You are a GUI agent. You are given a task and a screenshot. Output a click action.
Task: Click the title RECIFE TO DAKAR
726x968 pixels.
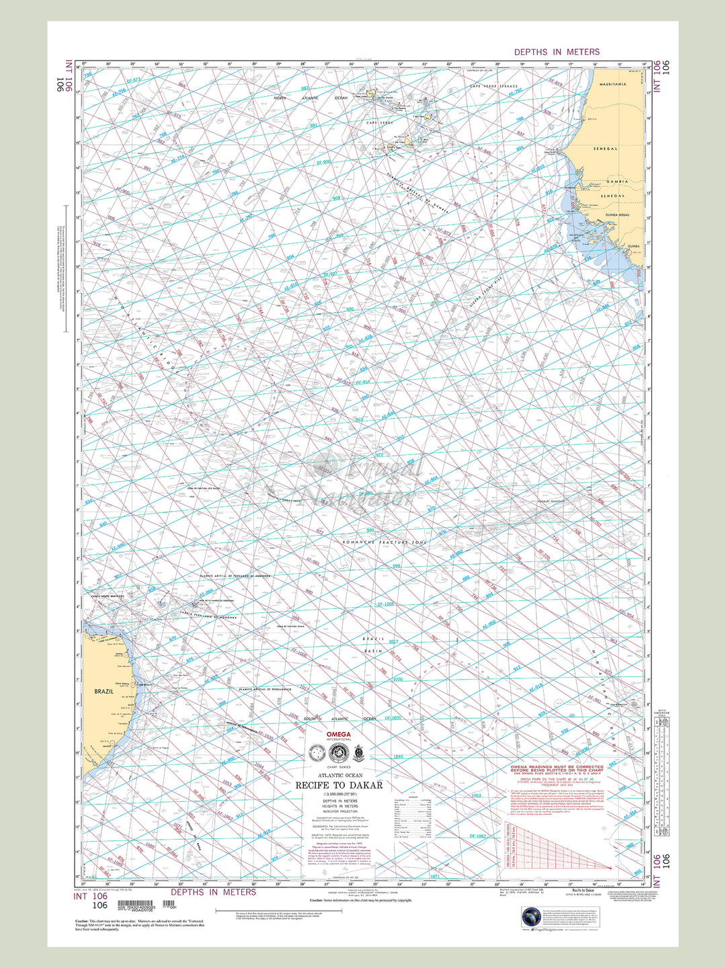coord(339,785)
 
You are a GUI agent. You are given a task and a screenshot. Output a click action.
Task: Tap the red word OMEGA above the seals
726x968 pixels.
coord(339,734)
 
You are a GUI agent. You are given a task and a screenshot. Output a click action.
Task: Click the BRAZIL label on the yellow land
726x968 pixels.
coord(104,691)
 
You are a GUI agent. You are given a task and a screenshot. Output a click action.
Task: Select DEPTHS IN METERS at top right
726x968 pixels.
coord(557,52)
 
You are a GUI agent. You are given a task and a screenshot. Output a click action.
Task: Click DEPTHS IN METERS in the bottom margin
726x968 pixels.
coord(213,892)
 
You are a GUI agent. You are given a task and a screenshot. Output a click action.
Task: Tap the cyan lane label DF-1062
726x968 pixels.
coord(477,836)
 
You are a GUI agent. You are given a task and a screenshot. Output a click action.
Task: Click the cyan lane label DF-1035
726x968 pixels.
coord(392,718)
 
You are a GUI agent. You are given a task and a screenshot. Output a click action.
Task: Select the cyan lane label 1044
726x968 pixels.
coord(398,757)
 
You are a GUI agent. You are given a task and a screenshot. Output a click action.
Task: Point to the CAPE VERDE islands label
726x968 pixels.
coord(379,122)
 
